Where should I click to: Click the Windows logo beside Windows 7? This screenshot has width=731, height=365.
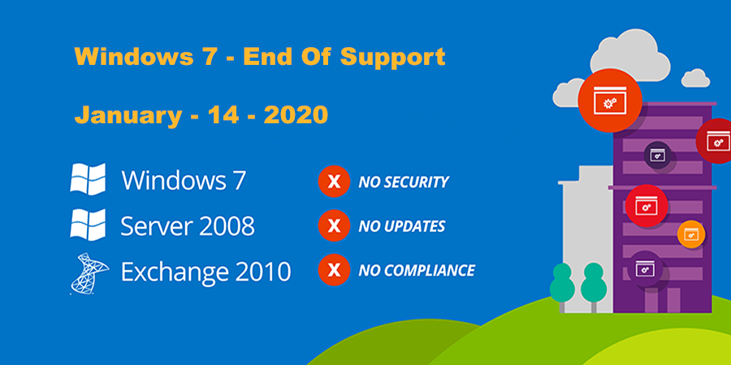pos(88,178)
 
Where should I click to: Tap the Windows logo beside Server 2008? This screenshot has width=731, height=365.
pos(88,225)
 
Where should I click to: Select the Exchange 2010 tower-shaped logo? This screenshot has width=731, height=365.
pos(89,273)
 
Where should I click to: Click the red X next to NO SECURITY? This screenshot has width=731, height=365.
pos(334,181)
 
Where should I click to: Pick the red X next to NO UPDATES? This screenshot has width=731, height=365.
pos(334,225)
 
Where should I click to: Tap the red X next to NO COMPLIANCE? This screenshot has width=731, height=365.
pos(334,270)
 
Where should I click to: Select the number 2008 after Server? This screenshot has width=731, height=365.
pos(227,225)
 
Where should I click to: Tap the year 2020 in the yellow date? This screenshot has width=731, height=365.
pos(296,114)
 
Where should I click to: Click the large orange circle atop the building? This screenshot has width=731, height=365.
pos(610,101)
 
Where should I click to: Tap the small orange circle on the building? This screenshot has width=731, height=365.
pos(691,234)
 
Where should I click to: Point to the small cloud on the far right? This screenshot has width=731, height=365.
pos(695,78)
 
